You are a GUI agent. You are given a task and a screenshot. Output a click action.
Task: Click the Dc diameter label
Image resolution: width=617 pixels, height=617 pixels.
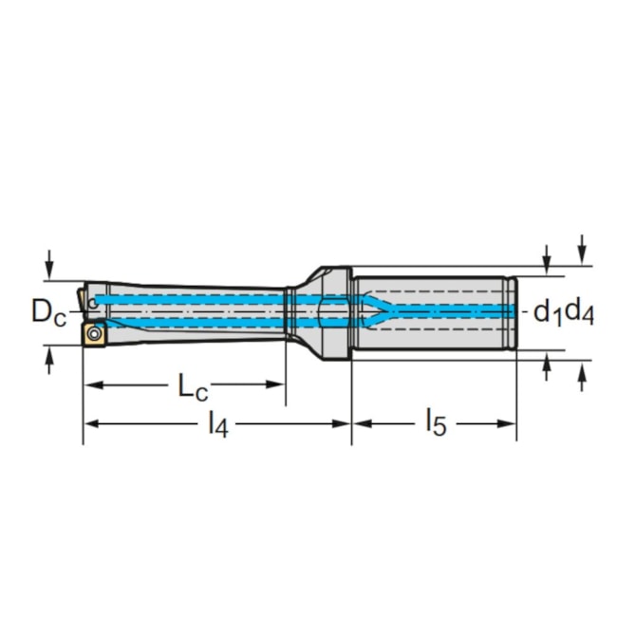[48, 312]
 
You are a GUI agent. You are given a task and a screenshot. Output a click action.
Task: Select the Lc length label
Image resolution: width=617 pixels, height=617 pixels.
[193, 386]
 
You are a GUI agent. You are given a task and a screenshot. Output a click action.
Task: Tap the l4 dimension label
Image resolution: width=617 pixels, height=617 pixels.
[218, 424]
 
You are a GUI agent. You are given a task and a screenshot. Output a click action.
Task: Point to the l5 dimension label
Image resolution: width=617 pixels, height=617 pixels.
[437, 422]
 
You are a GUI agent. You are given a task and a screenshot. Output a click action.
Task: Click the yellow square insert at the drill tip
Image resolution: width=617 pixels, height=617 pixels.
[94, 334]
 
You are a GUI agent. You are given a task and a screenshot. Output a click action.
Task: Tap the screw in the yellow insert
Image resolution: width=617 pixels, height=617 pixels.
[94, 334]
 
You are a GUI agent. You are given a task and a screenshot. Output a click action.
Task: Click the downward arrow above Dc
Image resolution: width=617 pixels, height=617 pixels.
[48, 264]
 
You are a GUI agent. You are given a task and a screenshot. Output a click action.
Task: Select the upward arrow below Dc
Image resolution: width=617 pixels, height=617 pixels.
[48, 361]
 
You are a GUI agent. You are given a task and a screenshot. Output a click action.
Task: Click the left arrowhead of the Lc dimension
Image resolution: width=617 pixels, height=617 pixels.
[94, 384]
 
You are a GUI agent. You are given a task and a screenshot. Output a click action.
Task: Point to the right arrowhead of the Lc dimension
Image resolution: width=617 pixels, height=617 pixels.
[275, 384]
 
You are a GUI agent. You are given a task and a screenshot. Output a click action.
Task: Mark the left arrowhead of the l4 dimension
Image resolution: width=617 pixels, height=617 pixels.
[94, 423]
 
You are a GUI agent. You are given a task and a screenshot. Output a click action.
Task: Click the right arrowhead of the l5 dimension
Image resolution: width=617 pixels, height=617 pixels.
[507, 423]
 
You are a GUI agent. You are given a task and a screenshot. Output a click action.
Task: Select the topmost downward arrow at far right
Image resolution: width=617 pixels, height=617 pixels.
[583, 250]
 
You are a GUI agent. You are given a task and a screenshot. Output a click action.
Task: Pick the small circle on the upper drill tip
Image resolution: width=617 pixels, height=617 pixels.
[93, 304]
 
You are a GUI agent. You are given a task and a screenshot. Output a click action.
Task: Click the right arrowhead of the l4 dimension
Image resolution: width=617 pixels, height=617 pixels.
[341, 423]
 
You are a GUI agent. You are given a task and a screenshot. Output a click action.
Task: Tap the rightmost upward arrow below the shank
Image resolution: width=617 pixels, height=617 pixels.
[583, 377]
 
